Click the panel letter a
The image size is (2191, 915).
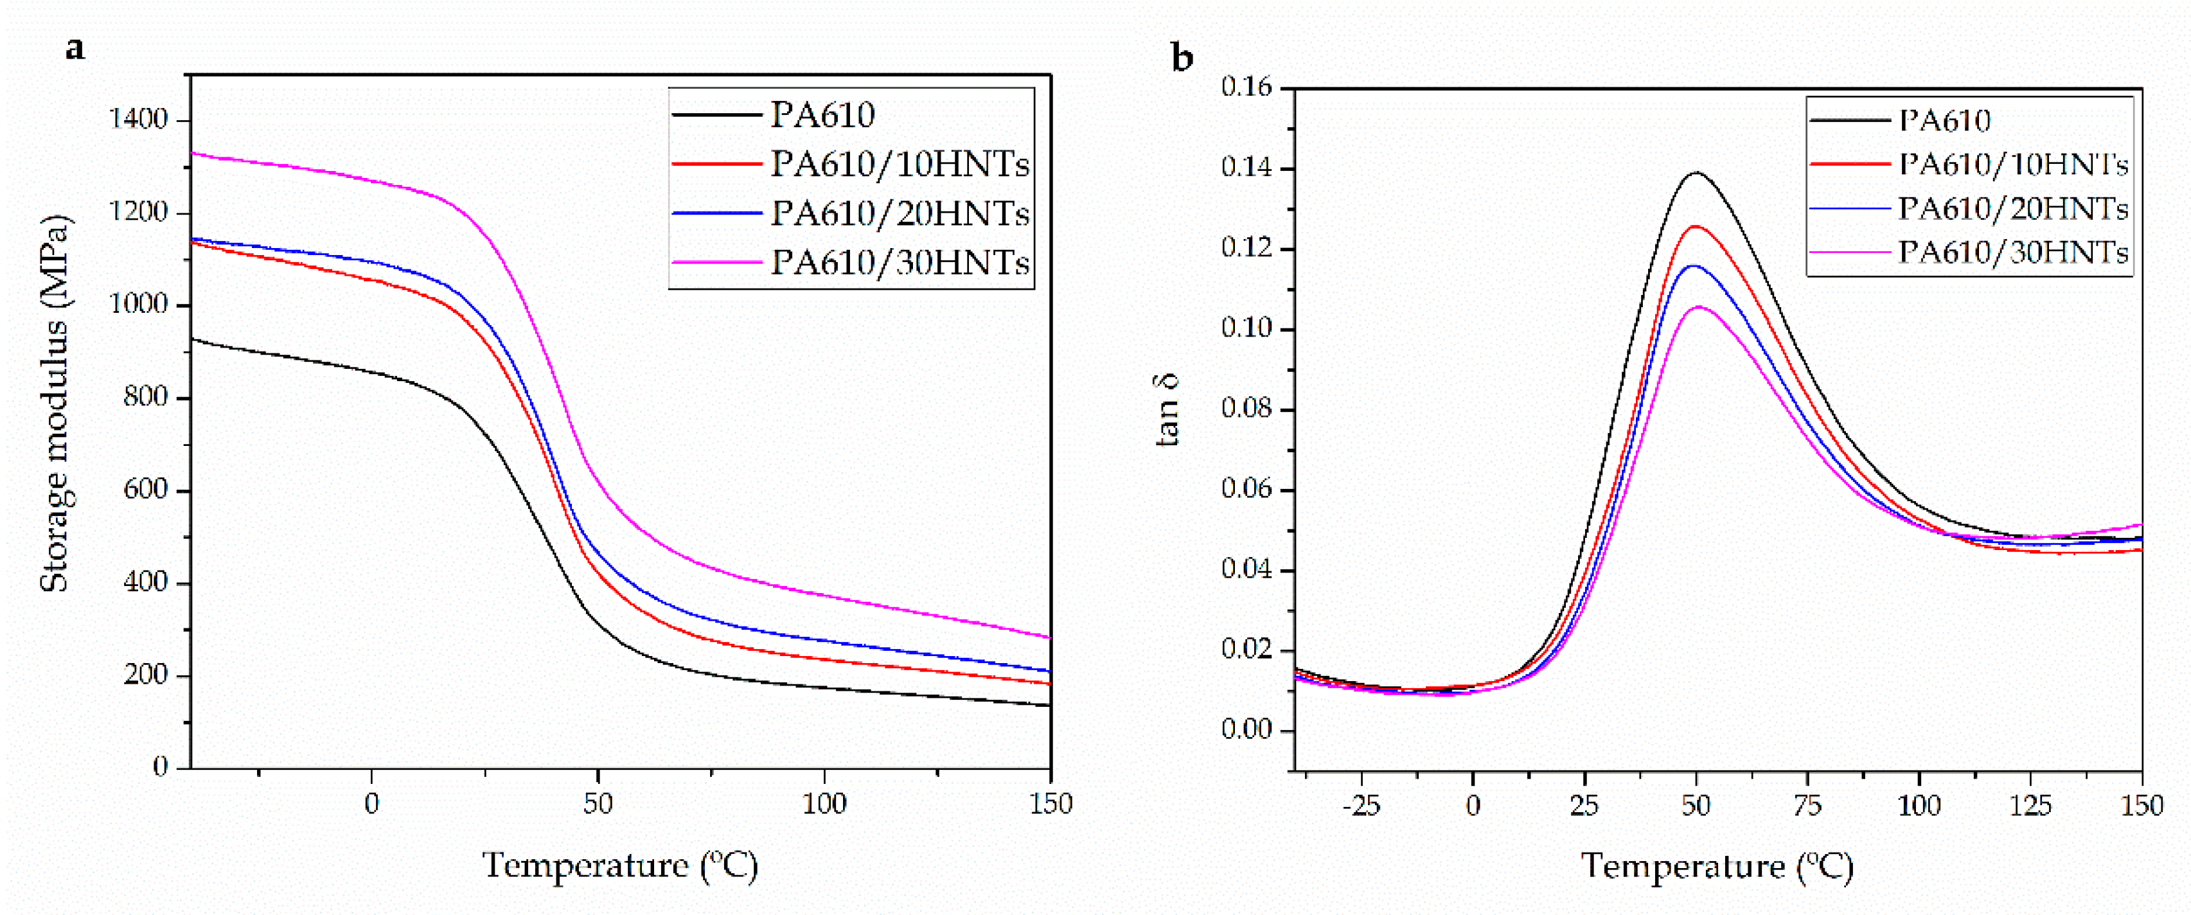[x=75, y=48]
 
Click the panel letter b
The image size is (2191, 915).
[x=1182, y=58]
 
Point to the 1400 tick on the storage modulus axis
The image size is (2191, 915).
[x=139, y=120]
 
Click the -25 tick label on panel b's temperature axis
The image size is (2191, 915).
[x=1361, y=805]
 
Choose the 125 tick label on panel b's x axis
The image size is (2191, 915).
[x=2030, y=805]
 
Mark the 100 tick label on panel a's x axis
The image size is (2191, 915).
[x=824, y=804]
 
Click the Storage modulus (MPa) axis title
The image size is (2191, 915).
[x=55, y=404]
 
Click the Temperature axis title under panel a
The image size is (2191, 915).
[x=620, y=866]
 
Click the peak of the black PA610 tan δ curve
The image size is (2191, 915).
[x=1697, y=173]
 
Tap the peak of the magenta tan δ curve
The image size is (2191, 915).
[x=1699, y=306]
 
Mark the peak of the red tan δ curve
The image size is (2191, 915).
[x=1697, y=226]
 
